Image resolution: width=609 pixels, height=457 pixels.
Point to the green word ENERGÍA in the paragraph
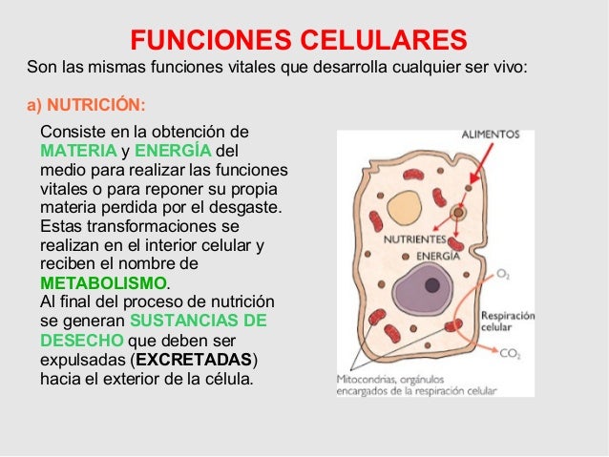click(174, 152)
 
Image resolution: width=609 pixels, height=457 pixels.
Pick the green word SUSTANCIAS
click(187, 321)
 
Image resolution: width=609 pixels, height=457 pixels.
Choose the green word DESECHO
click(81, 341)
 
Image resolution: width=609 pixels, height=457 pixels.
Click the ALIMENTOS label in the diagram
click(491, 135)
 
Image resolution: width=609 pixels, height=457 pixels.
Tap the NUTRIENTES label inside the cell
click(416, 240)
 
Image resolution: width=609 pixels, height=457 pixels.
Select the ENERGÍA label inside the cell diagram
click(438, 256)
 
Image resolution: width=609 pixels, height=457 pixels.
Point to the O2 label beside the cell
click(503, 274)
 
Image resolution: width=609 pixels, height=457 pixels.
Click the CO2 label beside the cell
click(510, 353)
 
